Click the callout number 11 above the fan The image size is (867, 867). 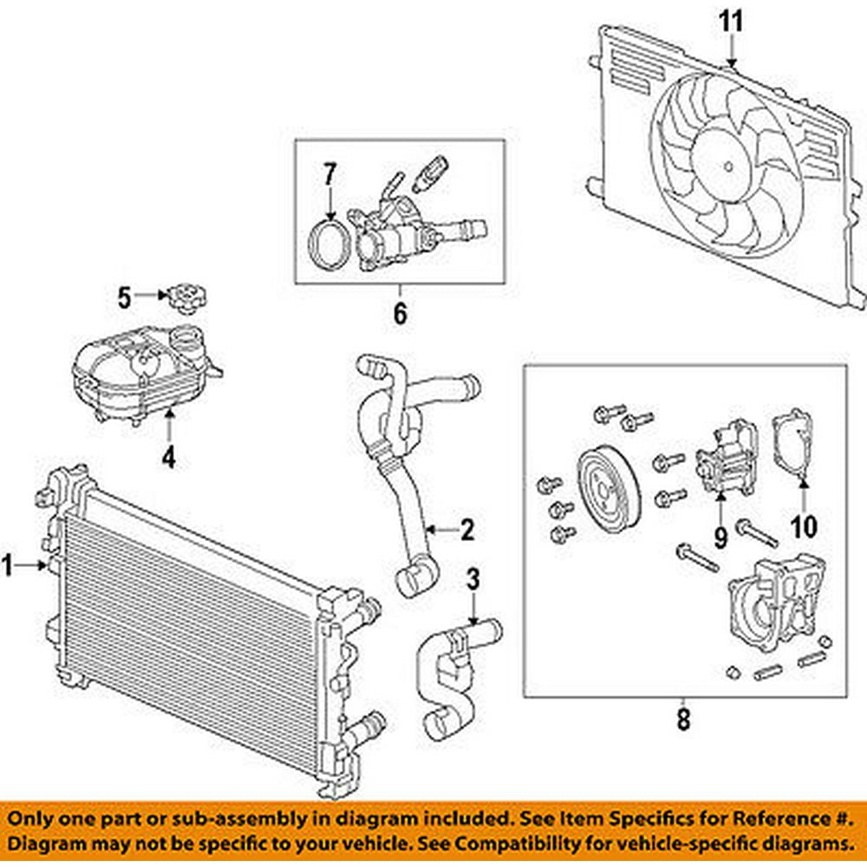click(x=733, y=22)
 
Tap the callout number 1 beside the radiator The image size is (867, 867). click(x=10, y=567)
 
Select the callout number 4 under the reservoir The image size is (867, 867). click(x=168, y=456)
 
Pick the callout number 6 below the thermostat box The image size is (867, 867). click(x=400, y=313)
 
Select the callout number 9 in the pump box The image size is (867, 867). click(x=720, y=536)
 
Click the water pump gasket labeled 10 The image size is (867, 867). click(x=792, y=445)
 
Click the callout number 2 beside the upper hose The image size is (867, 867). click(x=466, y=529)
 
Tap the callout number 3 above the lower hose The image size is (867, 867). click(x=473, y=580)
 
